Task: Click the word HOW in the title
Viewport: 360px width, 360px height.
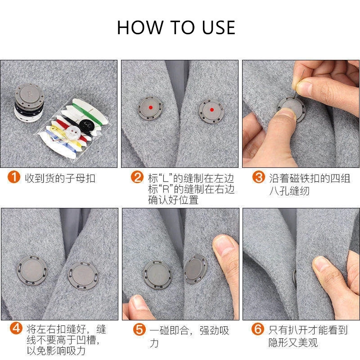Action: [140, 27]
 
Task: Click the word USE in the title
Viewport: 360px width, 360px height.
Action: [218, 27]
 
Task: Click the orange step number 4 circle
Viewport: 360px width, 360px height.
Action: [16, 328]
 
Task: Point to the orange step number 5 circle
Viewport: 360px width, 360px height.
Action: [139, 329]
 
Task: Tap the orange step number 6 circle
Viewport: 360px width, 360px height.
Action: [257, 329]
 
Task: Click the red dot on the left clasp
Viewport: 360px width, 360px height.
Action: [151, 107]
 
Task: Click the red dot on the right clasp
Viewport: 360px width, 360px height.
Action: [212, 110]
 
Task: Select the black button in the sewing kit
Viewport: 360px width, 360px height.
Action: [86, 125]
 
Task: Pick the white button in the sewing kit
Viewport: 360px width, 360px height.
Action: [73, 132]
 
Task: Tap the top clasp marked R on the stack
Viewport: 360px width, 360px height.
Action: [30, 95]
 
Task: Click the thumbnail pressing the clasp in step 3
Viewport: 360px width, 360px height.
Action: [286, 113]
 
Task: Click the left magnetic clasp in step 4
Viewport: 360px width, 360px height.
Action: [32, 271]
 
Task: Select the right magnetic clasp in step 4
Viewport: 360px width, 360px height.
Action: [83, 276]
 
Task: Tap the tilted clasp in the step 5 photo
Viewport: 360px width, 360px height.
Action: [195, 269]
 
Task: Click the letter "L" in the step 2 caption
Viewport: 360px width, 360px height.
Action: [165, 178]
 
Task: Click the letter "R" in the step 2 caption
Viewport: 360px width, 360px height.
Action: [166, 189]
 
